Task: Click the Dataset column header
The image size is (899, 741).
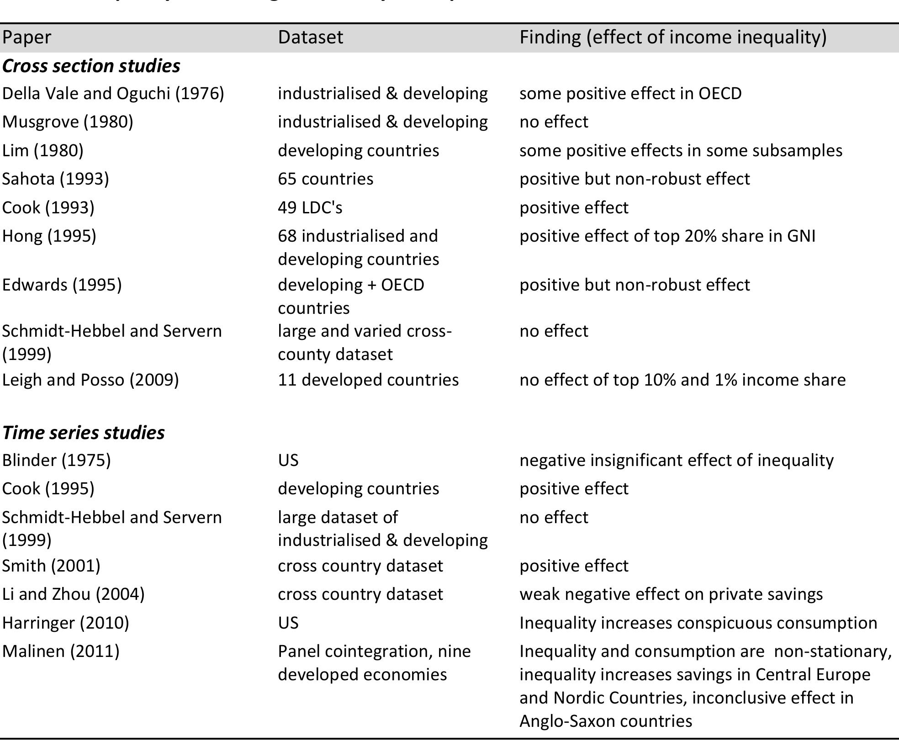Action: [x=310, y=37]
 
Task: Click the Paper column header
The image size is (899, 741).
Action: [x=26, y=37]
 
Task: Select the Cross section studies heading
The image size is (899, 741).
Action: [x=91, y=66]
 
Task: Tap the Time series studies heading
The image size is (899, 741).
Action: [x=83, y=432]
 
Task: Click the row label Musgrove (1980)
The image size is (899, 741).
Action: [x=68, y=122]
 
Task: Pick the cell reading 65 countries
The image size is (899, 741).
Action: [x=325, y=179]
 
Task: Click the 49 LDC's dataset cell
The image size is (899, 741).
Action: [x=310, y=207]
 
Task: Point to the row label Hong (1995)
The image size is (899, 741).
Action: [x=49, y=236]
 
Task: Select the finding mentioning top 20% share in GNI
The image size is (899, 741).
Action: [x=667, y=236]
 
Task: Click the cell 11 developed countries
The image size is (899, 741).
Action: [x=368, y=380]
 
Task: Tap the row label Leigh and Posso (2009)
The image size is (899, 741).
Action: [x=90, y=380]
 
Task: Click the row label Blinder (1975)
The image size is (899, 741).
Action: [x=56, y=460]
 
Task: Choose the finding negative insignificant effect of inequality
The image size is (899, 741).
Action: [x=676, y=460]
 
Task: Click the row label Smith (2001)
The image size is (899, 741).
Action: [x=51, y=566]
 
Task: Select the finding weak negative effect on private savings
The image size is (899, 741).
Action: [x=671, y=594]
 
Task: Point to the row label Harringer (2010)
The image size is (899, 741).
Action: [x=65, y=623]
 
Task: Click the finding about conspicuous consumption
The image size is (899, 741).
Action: [x=698, y=623]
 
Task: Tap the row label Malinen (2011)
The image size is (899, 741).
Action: [x=61, y=651]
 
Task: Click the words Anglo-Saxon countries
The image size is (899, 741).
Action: [x=605, y=721]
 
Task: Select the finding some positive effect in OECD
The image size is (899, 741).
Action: [x=630, y=94]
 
